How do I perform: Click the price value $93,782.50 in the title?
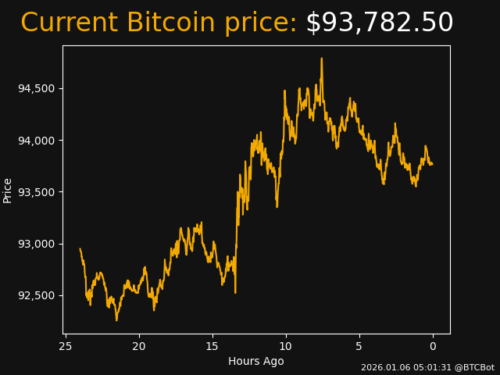(379, 23)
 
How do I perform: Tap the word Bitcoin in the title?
(170, 23)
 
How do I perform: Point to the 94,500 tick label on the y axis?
(36, 88)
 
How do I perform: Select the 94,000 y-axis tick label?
(36, 141)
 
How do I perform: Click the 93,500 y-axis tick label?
(36, 192)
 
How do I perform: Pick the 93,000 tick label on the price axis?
(36, 244)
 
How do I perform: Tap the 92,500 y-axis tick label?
(36, 295)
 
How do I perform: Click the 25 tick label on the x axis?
(66, 346)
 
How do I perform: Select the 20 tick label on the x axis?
(139, 346)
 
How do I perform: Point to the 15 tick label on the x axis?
(212, 346)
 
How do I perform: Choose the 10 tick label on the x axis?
(286, 346)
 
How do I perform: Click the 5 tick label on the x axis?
(359, 346)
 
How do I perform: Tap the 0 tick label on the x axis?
(433, 346)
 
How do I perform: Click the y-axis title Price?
(8, 190)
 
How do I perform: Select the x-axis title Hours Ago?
(256, 361)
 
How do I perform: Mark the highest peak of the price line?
(321, 58)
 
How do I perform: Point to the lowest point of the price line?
(116, 320)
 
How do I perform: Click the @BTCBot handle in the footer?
(474, 367)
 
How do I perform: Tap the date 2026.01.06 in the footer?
(384, 367)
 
